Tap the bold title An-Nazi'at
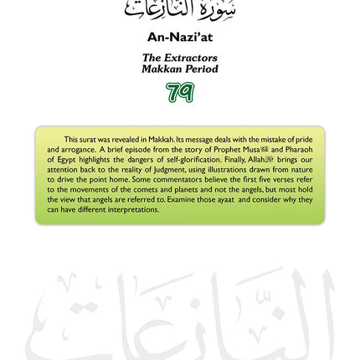click(180, 38)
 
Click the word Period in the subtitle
click(201, 69)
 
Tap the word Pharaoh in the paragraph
click(298, 149)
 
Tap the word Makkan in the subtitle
click(162, 69)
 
